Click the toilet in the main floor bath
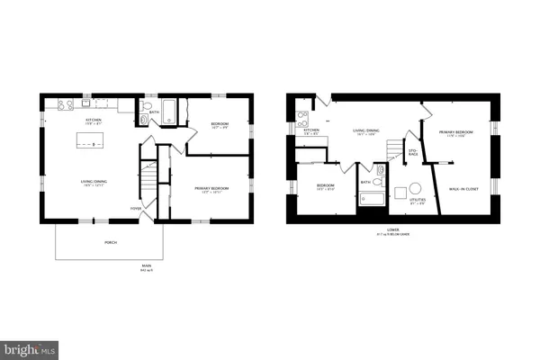144,118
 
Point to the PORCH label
110,242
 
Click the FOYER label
137,208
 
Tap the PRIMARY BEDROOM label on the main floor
211,188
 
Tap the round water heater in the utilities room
417,189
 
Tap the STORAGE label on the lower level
413,153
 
